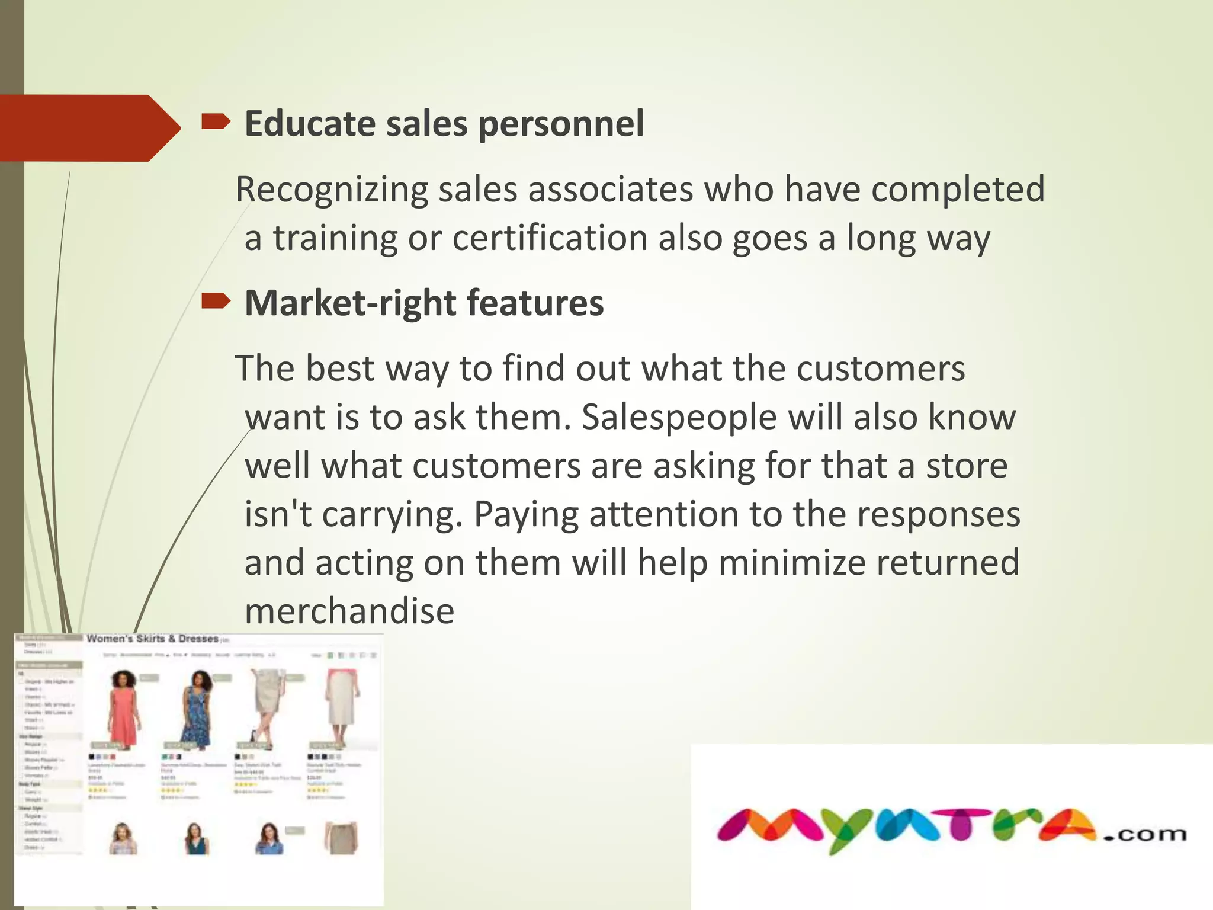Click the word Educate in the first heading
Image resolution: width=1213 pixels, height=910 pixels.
[x=309, y=124]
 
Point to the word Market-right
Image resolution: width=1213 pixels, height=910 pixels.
[x=350, y=303]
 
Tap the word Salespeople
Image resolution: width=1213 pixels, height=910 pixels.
[x=678, y=418]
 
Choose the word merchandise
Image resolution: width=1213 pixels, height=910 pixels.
[x=349, y=611]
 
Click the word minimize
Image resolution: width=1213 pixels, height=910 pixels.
[x=792, y=562]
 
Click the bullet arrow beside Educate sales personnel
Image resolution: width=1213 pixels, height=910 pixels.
[x=216, y=122]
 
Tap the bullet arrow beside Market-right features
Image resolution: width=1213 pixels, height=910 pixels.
[x=216, y=302]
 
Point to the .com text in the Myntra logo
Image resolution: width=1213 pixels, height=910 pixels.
[x=1145, y=835]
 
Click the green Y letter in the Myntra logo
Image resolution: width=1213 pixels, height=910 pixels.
[x=843, y=829]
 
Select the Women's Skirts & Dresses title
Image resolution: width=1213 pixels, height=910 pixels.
[x=153, y=639]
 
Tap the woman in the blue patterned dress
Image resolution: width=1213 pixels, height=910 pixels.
[x=197, y=709]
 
